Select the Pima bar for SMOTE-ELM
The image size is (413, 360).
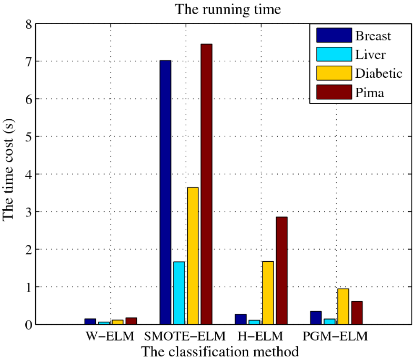206,184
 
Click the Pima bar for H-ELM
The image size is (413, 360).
281,271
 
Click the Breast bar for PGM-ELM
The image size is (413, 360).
316,318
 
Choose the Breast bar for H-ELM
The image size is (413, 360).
240,320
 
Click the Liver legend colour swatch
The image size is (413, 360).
334,54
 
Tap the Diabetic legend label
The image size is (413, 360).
379,73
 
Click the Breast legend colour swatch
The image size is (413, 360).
334,35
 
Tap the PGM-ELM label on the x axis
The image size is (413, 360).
336,336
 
